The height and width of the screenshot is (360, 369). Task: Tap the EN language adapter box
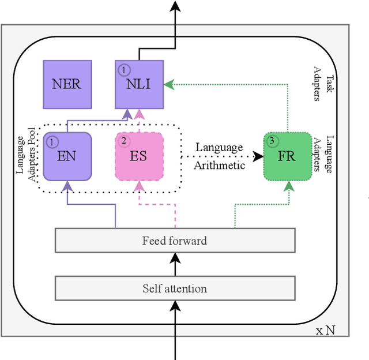(x=67, y=156)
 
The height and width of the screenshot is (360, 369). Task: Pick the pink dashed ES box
(x=138, y=156)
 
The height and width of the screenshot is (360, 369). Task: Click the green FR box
(x=287, y=156)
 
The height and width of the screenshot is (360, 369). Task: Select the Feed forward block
(x=175, y=240)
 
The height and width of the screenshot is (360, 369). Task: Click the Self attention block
(x=175, y=288)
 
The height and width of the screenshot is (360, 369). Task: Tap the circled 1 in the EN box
(x=52, y=141)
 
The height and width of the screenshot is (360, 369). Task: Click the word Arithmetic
(x=220, y=166)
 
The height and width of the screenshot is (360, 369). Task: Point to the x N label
(x=326, y=331)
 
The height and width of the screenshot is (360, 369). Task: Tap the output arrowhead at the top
(x=175, y=6)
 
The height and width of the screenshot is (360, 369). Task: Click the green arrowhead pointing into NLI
(x=169, y=85)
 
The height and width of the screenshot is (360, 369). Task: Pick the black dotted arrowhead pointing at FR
(x=258, y=156)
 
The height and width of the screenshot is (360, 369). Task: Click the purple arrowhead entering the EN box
(x=67, y=186)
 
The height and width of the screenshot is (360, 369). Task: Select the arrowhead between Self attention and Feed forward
(x=175, y=258)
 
